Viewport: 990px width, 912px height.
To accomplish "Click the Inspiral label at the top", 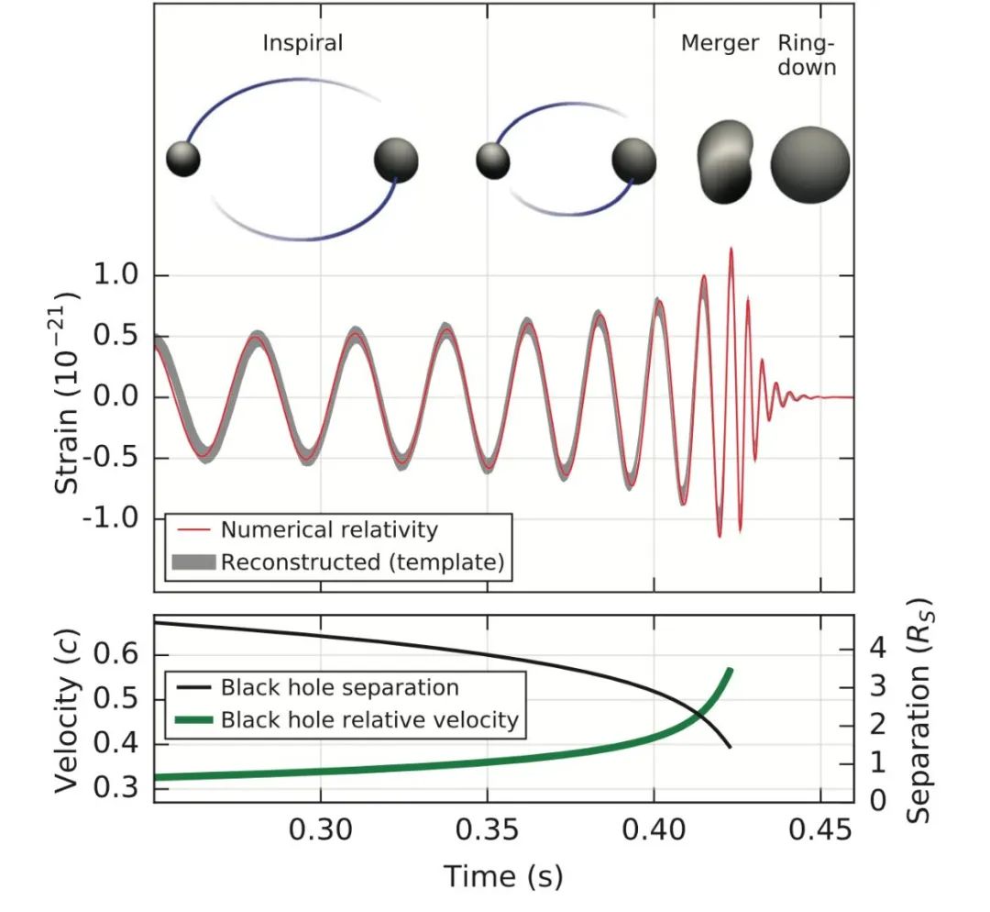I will point(302,43).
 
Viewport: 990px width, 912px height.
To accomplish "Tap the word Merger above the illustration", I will point(720,43).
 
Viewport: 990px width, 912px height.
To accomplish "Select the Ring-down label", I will point(807,55).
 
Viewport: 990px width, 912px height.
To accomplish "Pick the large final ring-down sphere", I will point(809,165).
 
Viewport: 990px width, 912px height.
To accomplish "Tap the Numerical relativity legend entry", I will point(329,529).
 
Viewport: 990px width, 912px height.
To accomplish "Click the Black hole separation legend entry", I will point(339,687).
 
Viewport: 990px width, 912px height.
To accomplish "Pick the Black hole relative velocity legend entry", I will point(369,719).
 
